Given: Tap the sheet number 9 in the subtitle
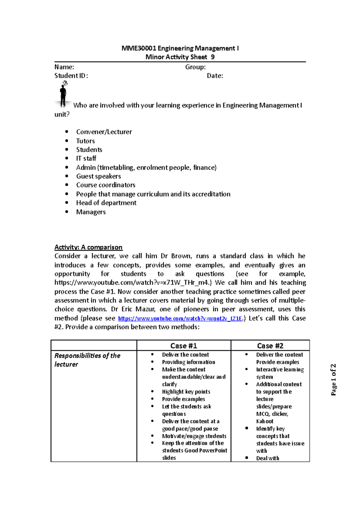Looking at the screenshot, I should (213, 57).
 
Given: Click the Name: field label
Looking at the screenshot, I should (64, 67).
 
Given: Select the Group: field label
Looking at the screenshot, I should (195, 67).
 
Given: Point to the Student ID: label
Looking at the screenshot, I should (71, 76).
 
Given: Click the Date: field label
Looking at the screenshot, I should (215, 76).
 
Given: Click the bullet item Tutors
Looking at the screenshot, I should (85, 141).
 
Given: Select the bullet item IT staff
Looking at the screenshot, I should (86, 158).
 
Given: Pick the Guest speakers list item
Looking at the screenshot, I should (98, 176).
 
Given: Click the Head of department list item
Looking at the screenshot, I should (106, 203).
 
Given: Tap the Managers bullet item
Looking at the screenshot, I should (91, 212).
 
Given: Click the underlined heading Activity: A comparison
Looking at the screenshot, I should (88, 247).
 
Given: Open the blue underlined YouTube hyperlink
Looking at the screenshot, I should (180, 318).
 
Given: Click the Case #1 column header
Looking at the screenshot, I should (184, 346).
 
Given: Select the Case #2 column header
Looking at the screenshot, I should (270, 346).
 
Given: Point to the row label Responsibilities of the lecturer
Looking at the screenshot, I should (87, 360).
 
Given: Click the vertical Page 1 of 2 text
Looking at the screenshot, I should (333, 380).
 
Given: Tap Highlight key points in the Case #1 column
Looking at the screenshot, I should (186, 392).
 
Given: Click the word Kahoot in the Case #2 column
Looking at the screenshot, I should (265, 421).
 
